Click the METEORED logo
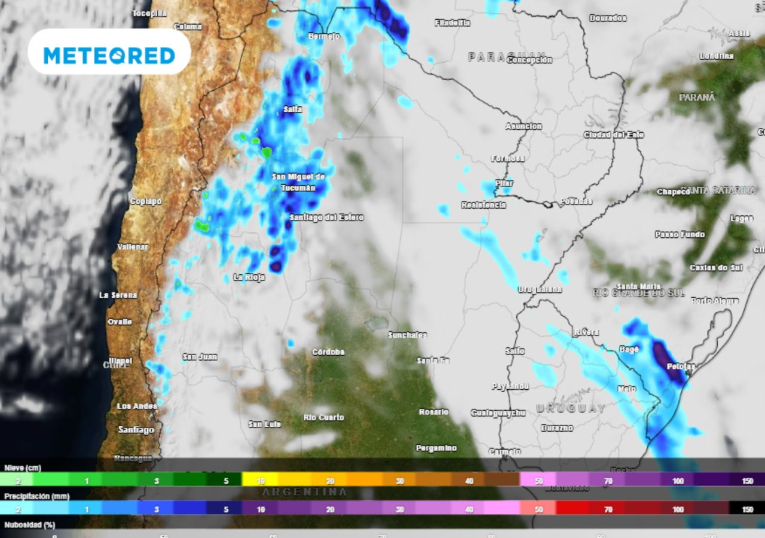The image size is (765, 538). (109, 56)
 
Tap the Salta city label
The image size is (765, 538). (293, 109)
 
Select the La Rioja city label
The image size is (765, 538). (249, 277)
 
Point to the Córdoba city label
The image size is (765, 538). (328, 352)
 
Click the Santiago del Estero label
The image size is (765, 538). (326, 218)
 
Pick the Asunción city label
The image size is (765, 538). (524, 127)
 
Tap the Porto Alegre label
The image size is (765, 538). (715, 301)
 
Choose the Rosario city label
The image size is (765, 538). (433, 412)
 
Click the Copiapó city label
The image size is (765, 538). (146, 201)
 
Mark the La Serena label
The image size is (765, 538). (118, 295)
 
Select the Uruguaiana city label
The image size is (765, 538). (540, 289)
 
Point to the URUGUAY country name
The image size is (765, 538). (570, 408)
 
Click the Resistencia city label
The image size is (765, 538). (484, 205)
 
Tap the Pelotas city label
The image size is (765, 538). (681, 366)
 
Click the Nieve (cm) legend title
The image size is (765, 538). (23, 468)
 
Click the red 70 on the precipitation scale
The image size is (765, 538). (608, 509)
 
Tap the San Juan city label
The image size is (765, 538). (200, 357)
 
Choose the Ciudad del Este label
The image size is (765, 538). (614, 135)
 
